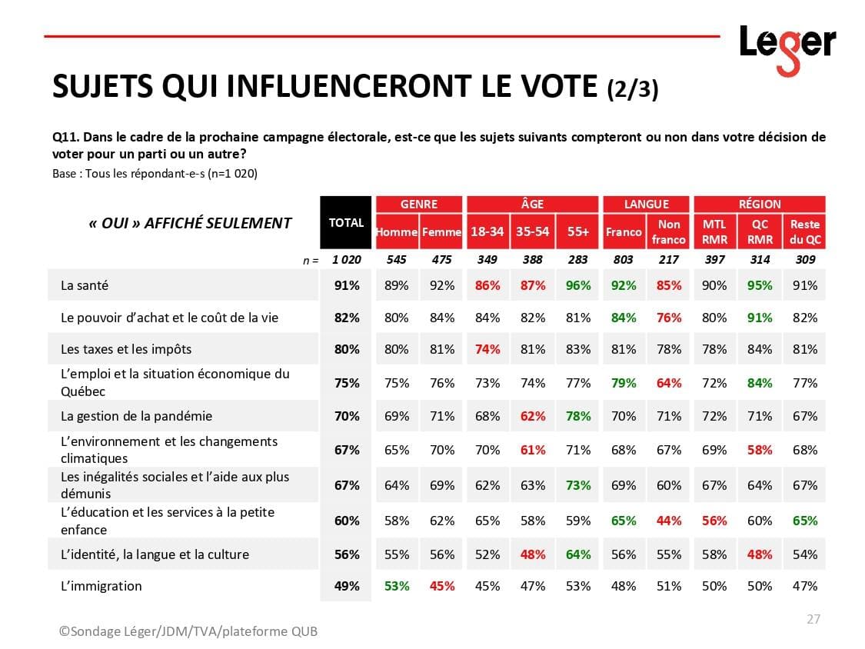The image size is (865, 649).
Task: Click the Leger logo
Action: point(787,47)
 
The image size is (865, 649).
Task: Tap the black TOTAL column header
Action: point(346,223)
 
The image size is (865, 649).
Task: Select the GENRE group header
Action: point(419,204)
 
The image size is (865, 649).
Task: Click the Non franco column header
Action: point(669,231)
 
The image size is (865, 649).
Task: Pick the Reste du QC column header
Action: point(805,231)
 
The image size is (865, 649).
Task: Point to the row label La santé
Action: point(85,285)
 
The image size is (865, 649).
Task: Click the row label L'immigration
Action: point(101,586)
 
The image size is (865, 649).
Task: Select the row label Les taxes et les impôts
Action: point(126,349)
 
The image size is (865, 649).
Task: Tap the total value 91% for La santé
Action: point(347,285)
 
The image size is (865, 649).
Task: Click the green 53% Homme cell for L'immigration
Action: point(397,586)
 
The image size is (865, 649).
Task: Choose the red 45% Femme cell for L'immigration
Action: point(442,586)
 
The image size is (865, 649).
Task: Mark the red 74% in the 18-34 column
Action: point(487,349)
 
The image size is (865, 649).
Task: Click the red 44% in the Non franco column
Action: point(669,521)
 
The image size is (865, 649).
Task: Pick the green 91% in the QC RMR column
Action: point(760,318)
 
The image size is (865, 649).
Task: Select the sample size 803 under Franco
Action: point(623,260)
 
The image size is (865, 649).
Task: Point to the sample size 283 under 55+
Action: point(577,260)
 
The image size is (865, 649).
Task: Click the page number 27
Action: point(813,619)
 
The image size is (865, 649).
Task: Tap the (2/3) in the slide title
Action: point(632,89)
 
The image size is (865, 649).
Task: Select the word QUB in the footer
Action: point(301,631)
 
